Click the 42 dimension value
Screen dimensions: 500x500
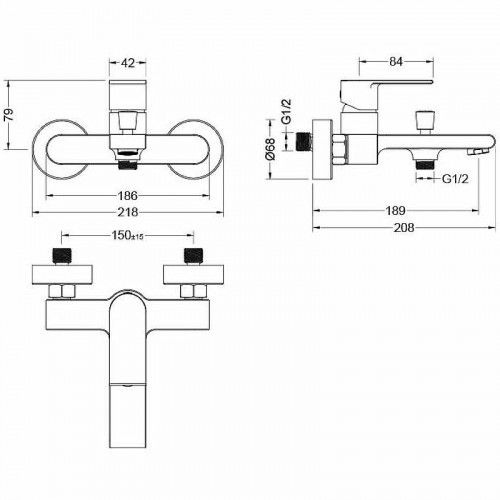(x=128, y=62)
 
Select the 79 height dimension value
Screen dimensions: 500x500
(x=9, y=114)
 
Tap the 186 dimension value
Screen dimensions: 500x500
(x=128, y=196)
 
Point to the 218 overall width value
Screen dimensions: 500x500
(x=128, y=212)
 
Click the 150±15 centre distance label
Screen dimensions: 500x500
(x=127, y=236)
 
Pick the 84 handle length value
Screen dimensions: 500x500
(x=396, y=62)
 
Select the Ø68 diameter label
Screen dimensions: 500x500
(x=271, y=149)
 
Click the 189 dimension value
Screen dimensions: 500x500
(x=395, y=211)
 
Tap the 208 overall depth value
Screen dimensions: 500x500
(x=404, y=228)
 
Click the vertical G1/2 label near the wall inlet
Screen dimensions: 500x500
(x=286, y=111)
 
